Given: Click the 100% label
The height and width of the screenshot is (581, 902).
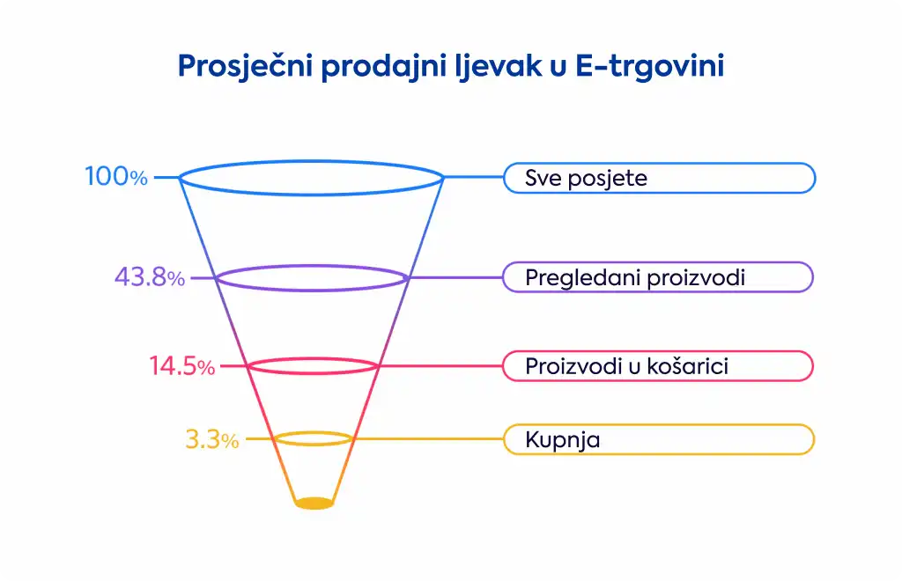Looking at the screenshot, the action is (x=116, y=176).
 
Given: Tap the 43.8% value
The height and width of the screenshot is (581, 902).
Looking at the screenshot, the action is (x=150, y=277).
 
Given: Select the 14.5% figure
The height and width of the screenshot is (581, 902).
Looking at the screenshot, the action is (x=181, y=366).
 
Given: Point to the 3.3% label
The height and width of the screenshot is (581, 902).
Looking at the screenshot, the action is (x=211, y=439).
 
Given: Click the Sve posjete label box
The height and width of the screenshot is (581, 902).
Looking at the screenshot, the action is (x=659, y=178).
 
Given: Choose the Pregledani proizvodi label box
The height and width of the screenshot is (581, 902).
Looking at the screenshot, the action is (x=658, y=277).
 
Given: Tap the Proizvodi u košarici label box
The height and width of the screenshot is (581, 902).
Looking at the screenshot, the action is (x=658, y=366).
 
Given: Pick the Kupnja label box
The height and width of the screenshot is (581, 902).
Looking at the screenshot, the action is (x=659, y=439).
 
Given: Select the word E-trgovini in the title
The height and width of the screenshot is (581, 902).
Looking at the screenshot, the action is (x=649, y=66).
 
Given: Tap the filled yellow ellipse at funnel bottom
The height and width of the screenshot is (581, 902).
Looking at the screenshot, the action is (x=314, y=504).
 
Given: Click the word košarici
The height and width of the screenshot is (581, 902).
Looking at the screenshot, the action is (x=688, y=366).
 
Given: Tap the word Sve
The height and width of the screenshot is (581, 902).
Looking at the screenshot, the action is (x=543, y=178).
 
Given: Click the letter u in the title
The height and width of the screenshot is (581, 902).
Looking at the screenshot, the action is (x=558, y=68).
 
